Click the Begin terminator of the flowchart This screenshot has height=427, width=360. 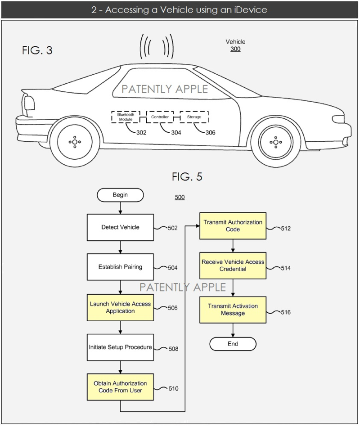(120, 195)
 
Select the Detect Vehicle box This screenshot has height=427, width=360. (120, 227)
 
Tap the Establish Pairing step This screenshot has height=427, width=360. (120, 267)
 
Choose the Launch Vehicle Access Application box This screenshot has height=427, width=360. (120, 307)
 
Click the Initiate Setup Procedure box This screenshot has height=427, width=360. (120, 347)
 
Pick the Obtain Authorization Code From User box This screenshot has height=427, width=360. (120, 387)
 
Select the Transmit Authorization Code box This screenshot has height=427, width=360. (233, 226)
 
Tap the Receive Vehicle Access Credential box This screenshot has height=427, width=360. (233, 265)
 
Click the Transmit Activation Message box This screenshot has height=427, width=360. (233, 310)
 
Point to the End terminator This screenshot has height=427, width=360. (233, 344)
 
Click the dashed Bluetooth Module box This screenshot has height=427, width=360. (126, 117)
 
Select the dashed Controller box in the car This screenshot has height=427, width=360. (160, 117)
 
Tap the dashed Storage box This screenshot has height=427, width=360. (194, 117)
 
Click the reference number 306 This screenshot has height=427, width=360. (210, 133)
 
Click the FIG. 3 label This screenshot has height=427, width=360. (37, 50)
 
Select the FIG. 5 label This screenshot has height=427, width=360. (187, 177)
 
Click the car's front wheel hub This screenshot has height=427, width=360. (274, 142)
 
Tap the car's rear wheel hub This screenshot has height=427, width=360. (74, 142)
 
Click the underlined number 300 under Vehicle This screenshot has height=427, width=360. (235, 49)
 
